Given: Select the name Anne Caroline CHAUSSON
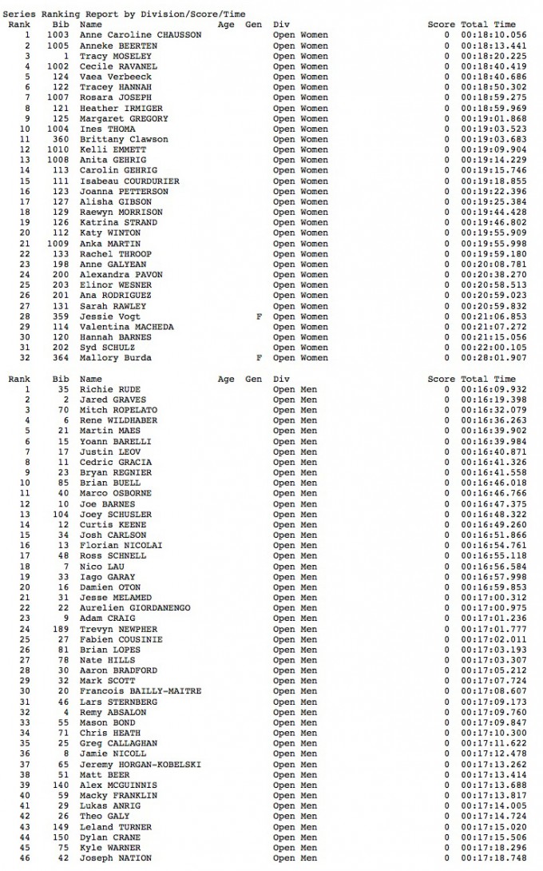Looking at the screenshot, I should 140,35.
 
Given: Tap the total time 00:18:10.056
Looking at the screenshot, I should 493,35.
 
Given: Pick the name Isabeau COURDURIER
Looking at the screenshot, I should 129,181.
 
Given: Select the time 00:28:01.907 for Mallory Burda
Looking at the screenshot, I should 493,358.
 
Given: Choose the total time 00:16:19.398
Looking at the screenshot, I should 493,400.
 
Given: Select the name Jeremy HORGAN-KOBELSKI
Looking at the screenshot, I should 140,764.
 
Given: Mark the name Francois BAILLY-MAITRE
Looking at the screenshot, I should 140,691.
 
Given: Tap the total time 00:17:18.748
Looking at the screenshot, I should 493,858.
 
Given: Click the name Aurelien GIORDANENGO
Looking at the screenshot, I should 134,608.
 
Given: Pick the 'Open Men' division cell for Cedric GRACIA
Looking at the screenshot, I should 295,462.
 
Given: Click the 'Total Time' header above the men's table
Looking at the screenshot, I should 488,379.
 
